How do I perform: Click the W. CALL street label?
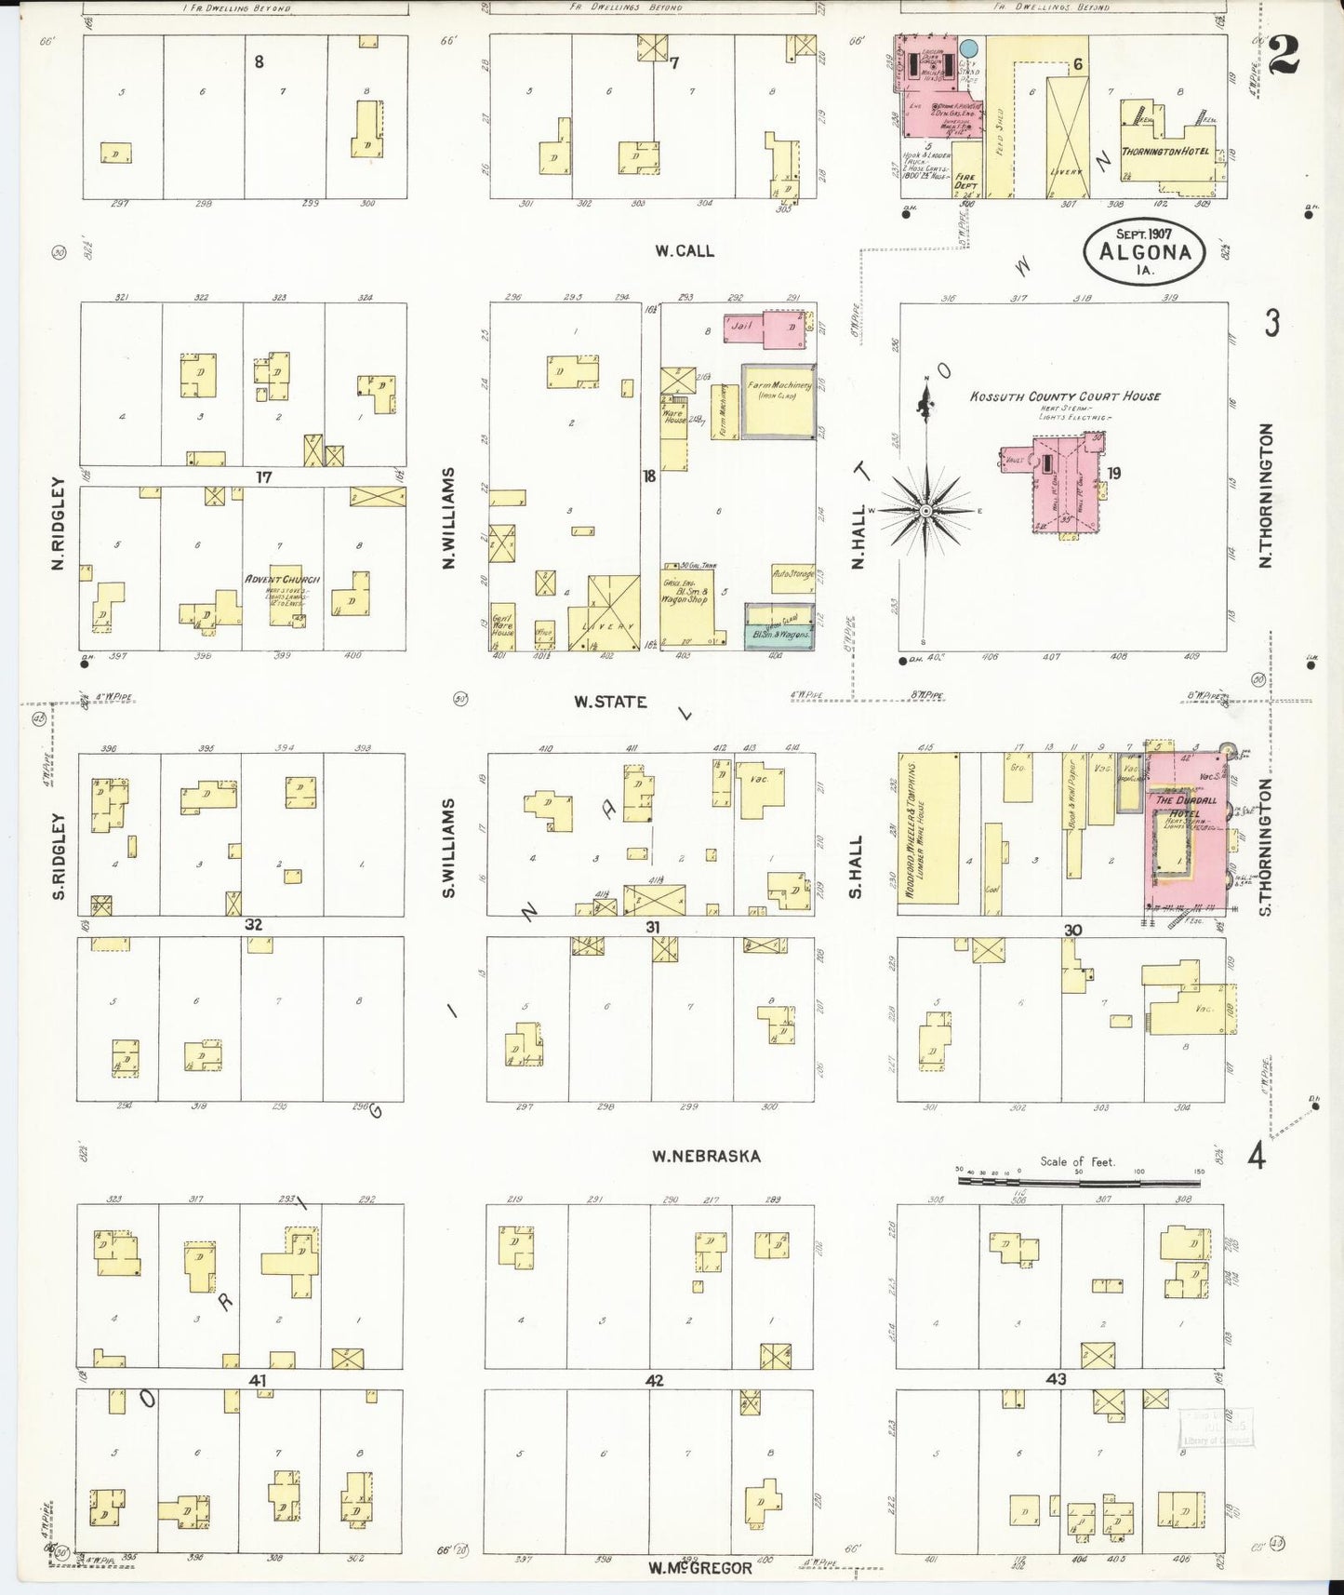click(x=684, y=250)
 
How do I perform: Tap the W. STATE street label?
click(x=610, y=702)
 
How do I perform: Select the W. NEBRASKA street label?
click(x=705, y=1156)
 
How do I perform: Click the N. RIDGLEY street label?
click(x=59, y=523)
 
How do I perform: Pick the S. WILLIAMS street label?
click(x=449, y=848)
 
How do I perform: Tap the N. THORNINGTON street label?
click(x=1265, y=495)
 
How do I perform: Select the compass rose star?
click(x=925, y=511)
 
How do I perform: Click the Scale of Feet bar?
click(x=1079, y=1182)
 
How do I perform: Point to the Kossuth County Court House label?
click(x=1065, y=395)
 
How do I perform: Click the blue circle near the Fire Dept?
click(x=968, y=47)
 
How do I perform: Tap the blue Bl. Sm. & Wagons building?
click(x=778, y=627)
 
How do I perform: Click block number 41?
click(x=258, y=1381)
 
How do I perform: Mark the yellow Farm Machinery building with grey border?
click(x=778, y=400)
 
